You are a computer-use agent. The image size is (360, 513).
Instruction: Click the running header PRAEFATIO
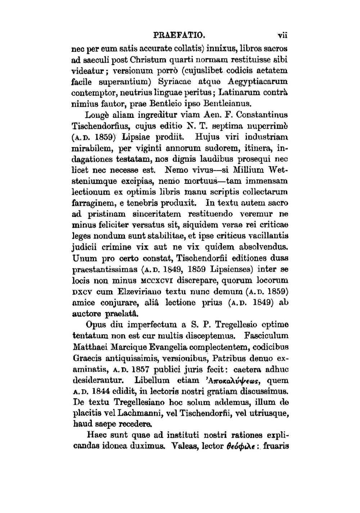179,36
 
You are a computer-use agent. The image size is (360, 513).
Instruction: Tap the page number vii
283,36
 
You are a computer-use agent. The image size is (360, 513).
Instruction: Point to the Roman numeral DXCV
82,291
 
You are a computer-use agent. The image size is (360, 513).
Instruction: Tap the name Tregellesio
240,325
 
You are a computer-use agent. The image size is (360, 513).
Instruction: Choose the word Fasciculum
266,336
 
